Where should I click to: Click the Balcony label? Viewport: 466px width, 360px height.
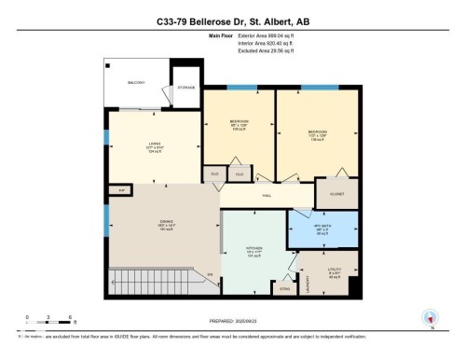tap(137, 83)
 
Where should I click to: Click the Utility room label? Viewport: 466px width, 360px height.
tap(336, 272)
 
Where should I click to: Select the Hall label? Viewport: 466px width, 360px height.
tap(266, 196)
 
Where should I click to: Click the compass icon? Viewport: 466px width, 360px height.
tap(430, 317)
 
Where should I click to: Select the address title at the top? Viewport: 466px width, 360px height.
tap(232, 21)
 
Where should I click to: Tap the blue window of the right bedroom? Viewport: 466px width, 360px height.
tap(312, 88)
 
